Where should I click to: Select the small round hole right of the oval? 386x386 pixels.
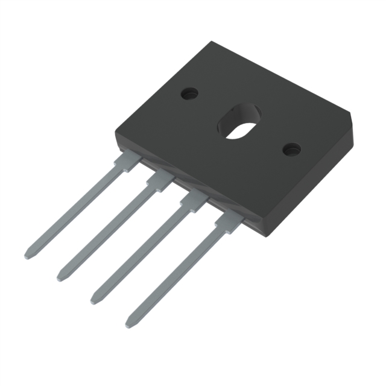[291, 148]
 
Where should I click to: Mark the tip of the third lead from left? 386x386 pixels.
[95, 300]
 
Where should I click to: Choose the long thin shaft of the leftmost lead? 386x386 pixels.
[75, 208]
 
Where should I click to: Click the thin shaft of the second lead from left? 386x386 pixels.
[106, 232]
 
